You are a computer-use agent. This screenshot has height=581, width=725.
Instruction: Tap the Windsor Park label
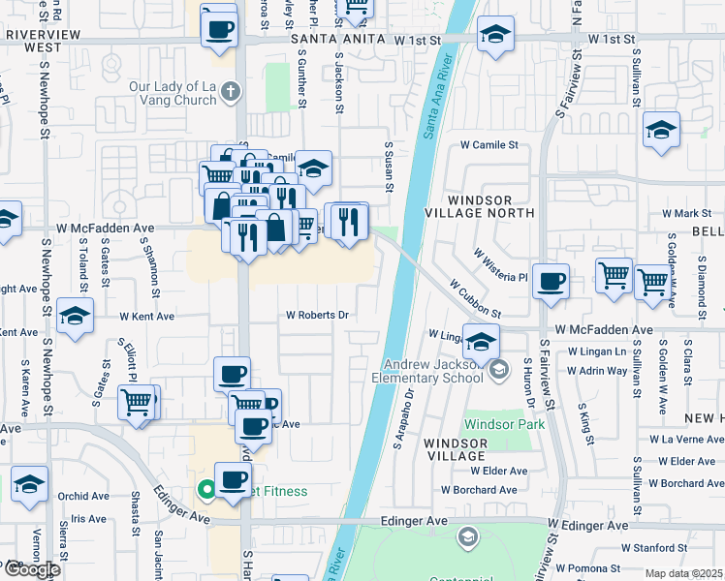pos(504,424)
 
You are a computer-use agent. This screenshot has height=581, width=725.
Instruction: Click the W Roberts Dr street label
pos(316,315)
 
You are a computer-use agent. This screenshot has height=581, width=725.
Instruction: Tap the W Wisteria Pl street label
pos(500,264)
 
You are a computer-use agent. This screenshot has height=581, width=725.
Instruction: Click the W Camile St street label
pos(489,145)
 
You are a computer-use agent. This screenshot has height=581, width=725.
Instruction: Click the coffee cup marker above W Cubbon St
pos(552,281)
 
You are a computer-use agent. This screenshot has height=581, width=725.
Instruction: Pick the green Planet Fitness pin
pos(205,491)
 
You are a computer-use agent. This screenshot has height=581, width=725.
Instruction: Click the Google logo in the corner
pos(32,569)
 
